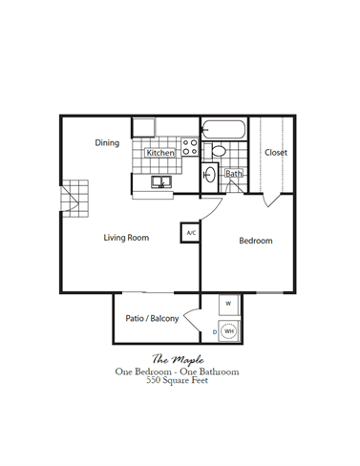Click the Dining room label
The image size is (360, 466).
107,143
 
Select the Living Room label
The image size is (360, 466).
125,238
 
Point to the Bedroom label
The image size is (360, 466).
255,241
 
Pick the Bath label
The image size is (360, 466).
233,174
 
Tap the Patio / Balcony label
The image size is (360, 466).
153,319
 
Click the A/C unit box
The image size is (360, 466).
190,232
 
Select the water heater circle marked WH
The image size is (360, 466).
229,331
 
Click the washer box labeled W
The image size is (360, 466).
228,305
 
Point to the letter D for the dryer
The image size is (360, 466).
214,331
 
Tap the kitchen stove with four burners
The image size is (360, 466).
189,148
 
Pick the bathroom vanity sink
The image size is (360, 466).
211,175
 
